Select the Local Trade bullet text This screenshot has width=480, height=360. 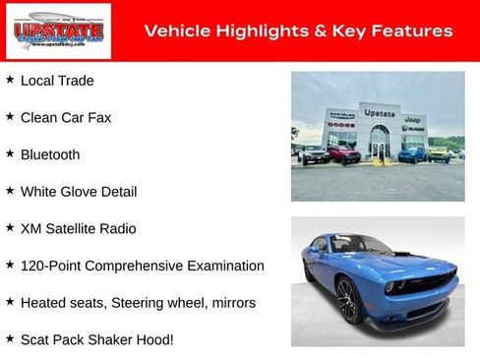57,81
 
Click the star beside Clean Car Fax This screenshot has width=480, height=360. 10,116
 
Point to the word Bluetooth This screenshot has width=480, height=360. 50,154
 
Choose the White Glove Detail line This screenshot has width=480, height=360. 79,191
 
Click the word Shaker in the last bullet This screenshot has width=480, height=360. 118,339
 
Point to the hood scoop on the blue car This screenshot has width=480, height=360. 400,255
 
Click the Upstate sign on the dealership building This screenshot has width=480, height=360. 379,113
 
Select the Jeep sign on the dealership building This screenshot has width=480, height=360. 412,118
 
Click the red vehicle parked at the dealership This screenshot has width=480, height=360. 344,154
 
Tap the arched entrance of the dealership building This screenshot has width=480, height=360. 379,143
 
